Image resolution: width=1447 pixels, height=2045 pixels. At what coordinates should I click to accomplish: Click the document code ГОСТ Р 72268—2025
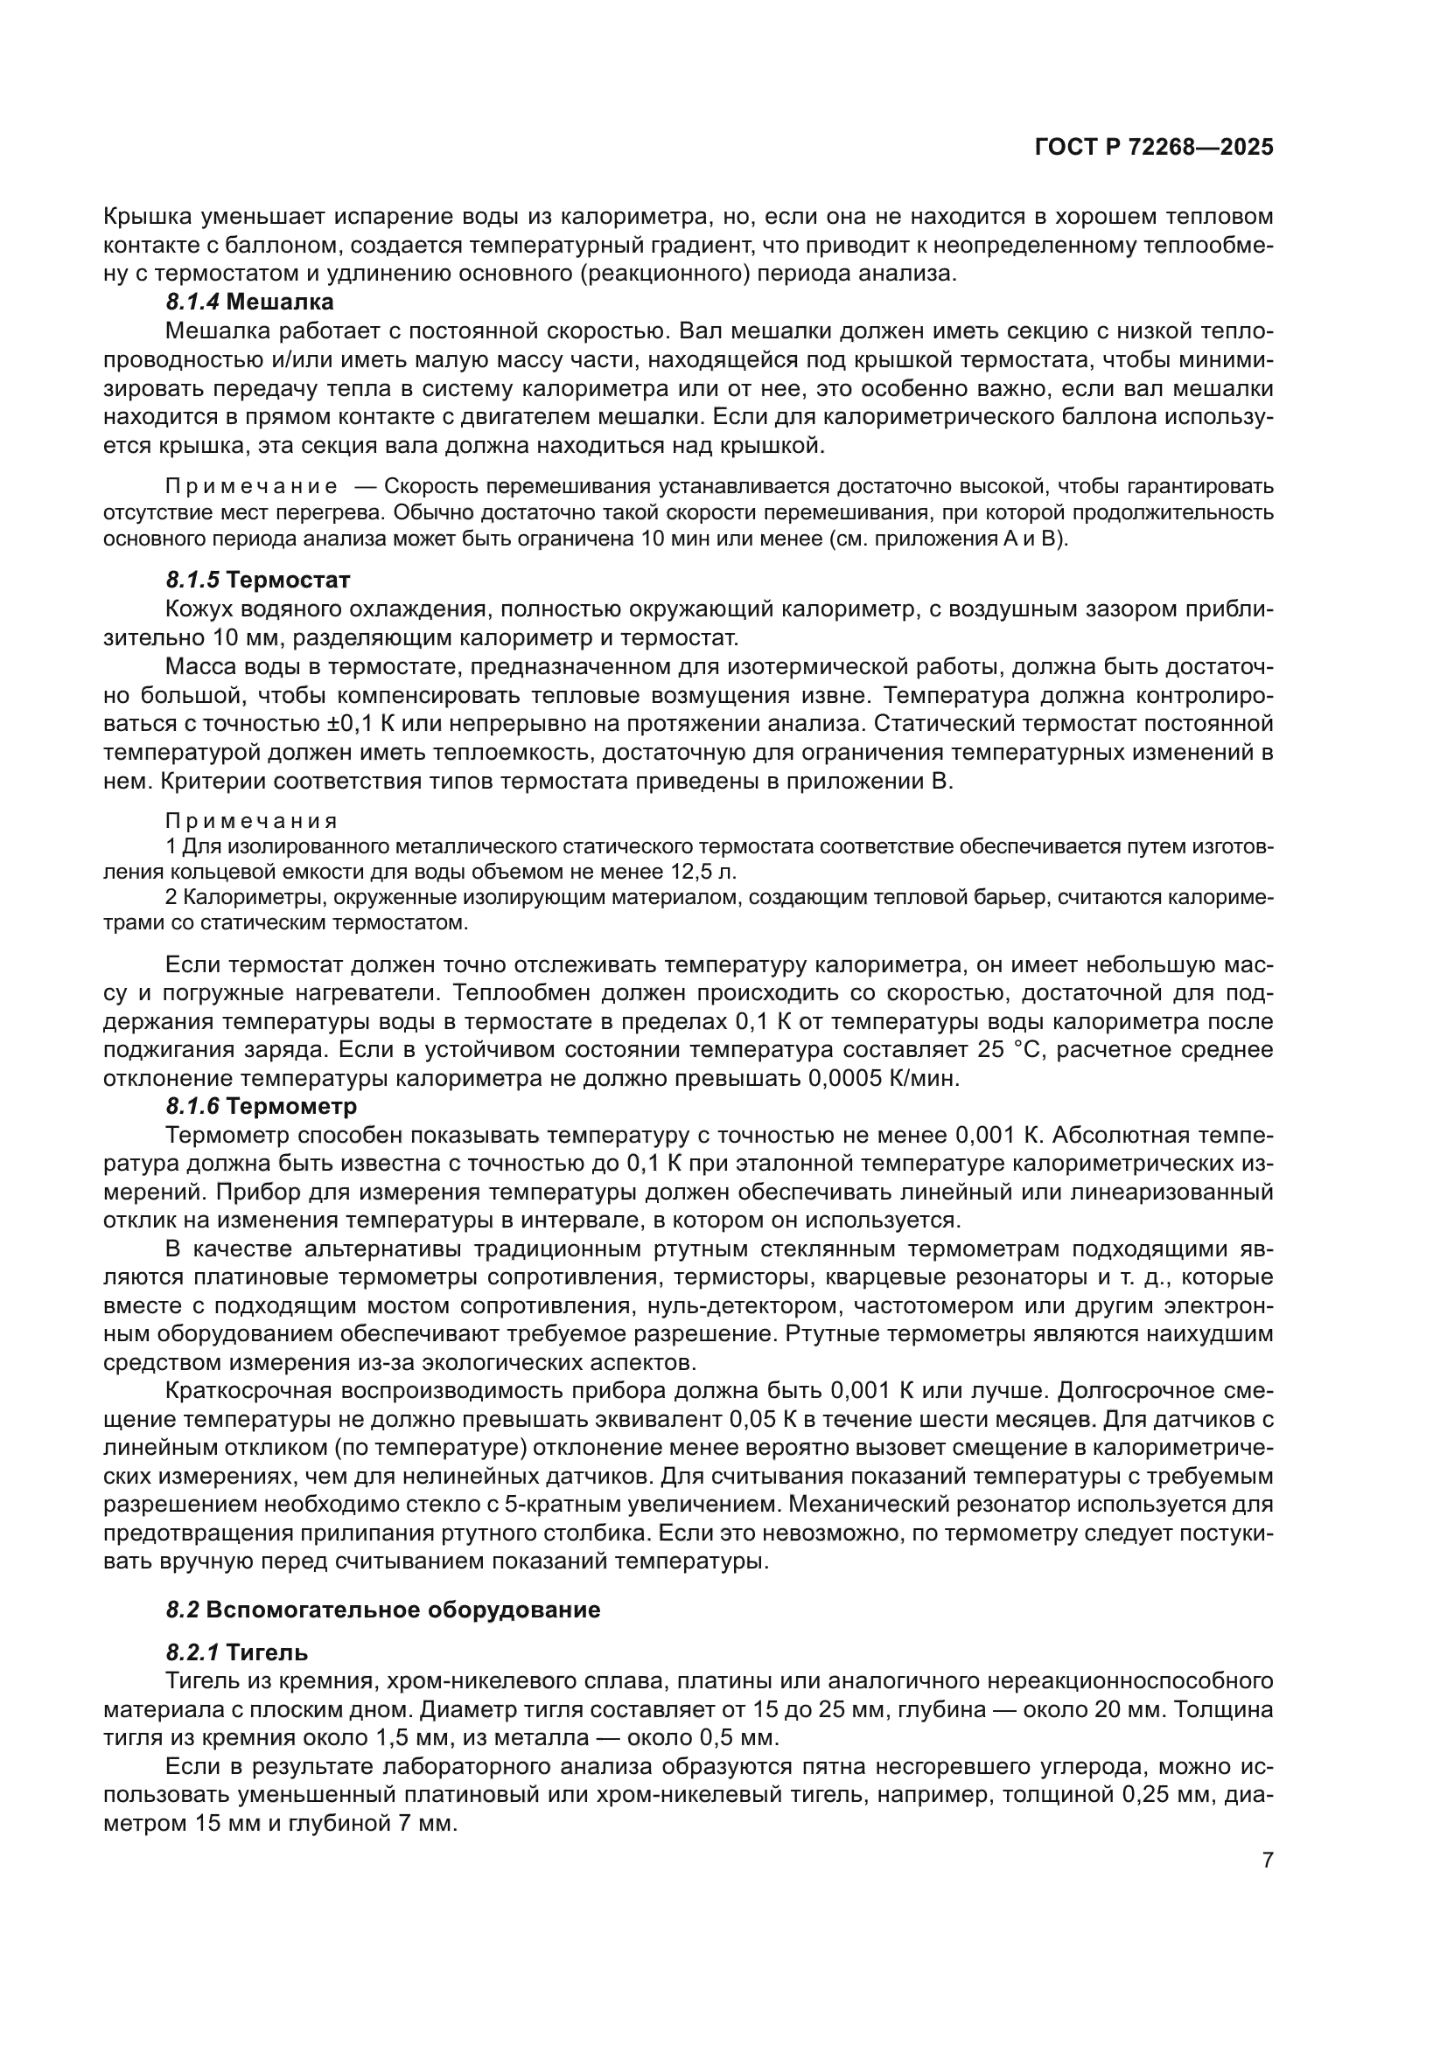[1154, 148]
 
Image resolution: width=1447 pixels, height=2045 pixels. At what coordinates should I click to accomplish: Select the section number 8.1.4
[192, 303]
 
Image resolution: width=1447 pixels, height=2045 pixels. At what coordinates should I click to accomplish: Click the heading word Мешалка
[280, 303]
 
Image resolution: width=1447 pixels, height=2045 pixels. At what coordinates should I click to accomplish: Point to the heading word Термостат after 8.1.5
[288, 580]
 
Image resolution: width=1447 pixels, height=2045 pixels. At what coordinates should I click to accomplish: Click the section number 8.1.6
[192, 1106]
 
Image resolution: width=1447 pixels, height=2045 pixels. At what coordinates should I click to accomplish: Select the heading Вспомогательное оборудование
[402, 1634]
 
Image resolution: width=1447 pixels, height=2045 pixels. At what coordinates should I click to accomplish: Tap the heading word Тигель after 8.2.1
[267, 1677]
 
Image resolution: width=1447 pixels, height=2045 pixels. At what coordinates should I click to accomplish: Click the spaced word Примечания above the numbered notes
[252, 820]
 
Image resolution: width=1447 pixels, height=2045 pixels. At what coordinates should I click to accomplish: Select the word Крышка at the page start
[147, 217]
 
